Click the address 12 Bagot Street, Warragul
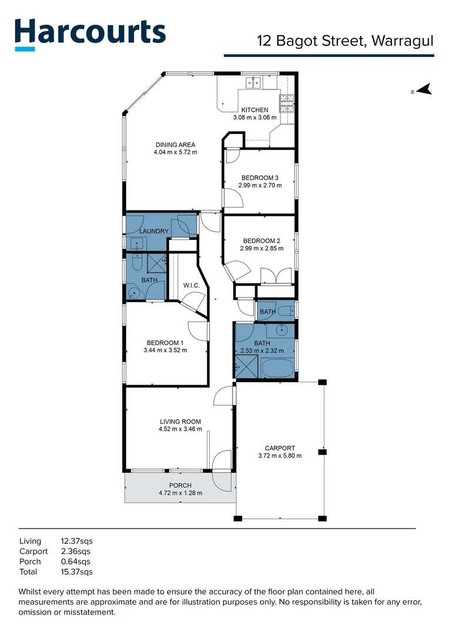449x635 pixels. (x=346, y=41)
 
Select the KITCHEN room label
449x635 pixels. (x=254, y=110)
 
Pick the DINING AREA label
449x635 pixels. (x=175, y=145)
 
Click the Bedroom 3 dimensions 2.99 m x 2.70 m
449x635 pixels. (x=260, y=185)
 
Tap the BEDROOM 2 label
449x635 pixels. (x=262, y=240)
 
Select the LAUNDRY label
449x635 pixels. (x=154, y=231)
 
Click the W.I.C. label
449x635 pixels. (x=192, y=286)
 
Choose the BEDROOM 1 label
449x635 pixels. (x=165, y=343)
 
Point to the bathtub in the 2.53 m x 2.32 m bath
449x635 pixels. (x=277, y=369)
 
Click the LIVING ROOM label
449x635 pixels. (x=180, y=422)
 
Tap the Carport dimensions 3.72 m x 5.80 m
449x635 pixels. (x=280, y=455)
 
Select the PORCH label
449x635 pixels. (x=180, y=485)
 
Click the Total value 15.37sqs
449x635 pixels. (x=77, y=571)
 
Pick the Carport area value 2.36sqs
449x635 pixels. (x=76, y=552)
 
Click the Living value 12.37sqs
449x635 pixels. (x=77, y=541)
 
